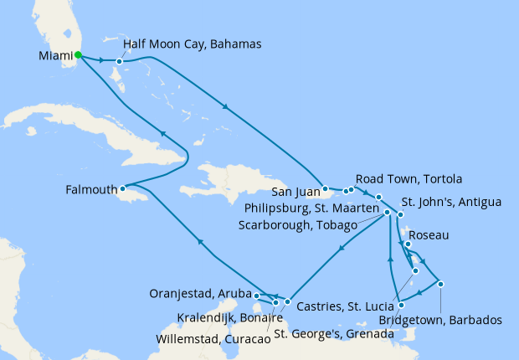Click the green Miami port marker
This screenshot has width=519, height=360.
point(78,55)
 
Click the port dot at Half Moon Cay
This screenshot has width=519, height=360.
point(120,61)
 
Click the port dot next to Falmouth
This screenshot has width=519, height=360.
point(122,189)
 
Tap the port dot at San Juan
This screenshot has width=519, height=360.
point(325,190)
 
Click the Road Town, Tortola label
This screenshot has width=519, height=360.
point(409,179)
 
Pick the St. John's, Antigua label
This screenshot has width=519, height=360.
point(451,202)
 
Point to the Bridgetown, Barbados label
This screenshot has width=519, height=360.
point(440,320)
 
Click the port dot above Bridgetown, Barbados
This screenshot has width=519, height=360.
point(440,284)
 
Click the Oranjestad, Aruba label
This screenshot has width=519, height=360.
point(200,294)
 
